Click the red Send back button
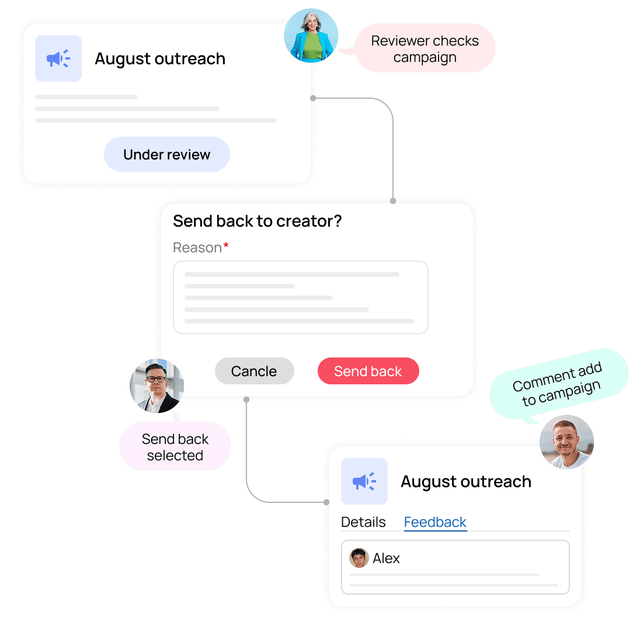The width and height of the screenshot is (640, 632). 368,371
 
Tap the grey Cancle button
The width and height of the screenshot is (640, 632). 254,371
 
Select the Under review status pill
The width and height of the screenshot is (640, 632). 167,154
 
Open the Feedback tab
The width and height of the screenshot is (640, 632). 435,522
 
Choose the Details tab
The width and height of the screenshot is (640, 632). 363,522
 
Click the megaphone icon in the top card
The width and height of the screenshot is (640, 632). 58,58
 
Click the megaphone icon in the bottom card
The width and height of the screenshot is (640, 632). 364,481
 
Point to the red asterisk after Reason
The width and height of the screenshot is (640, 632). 226,245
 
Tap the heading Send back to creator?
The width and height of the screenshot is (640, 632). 257,221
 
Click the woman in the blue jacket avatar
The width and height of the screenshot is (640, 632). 311,36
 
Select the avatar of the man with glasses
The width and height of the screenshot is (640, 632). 156,386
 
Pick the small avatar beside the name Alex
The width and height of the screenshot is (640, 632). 359,558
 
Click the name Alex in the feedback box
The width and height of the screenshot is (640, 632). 386,558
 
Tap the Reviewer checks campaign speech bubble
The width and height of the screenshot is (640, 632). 425,48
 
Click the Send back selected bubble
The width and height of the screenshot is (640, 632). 175,446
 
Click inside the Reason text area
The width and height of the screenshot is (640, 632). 301,297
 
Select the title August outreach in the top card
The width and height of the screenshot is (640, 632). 160,59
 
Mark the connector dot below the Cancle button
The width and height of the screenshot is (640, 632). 246,400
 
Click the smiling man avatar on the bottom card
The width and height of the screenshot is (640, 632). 566,442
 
